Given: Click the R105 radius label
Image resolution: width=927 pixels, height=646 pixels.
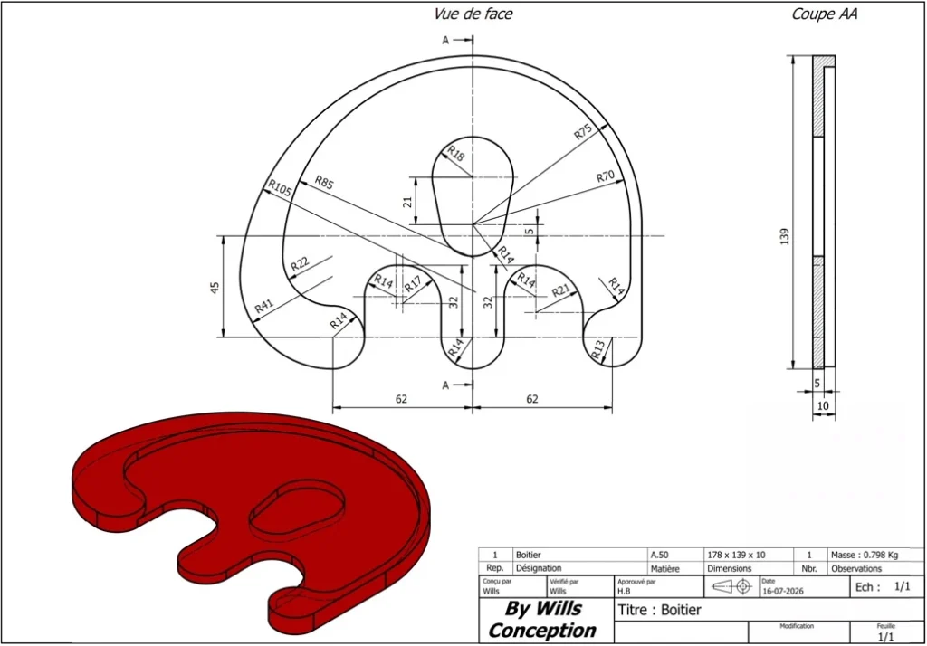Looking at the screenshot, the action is pos(280,188).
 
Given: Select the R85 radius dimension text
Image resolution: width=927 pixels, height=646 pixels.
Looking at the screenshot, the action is pos(324,182).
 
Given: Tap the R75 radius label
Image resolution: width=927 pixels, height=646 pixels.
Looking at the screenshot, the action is pos(583,132).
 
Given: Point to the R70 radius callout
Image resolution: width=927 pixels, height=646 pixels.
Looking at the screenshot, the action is pos(606,176).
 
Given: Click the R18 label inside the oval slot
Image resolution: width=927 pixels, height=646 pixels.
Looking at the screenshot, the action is pos(456,154).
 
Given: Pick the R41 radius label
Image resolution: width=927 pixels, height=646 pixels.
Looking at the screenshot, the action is pos(263,306).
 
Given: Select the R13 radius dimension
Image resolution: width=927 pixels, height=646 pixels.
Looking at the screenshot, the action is pos(598,349).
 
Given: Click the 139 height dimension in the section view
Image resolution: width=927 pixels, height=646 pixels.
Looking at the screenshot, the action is pos(785,236).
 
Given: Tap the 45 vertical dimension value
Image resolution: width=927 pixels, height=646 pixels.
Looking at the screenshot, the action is pos(215,287).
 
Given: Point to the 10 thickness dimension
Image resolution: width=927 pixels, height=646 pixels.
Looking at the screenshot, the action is pos(823,406).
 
